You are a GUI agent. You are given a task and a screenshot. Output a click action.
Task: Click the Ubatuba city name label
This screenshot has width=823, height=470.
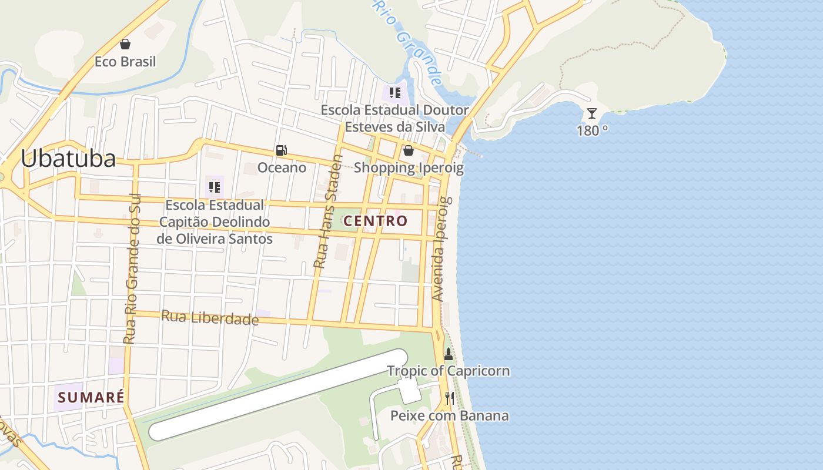(x=68, y=159)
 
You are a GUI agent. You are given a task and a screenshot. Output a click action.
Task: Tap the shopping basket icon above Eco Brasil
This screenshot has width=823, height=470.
(x=125, y=44)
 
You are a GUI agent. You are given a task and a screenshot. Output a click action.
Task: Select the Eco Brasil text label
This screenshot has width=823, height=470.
(x=125, y=62)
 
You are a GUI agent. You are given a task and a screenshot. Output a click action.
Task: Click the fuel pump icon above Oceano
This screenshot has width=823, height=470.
(x=282, y=150)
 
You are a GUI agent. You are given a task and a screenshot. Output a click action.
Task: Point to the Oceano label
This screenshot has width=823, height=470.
(x=282, y=167)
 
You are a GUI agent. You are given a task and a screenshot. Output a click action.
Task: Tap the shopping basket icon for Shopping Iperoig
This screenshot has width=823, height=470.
(x=409, y=150)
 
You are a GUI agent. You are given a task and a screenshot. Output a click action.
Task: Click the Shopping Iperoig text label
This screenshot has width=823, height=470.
(x=409, y=168)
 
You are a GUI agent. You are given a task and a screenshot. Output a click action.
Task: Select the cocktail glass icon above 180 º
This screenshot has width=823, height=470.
(x=592, y=113)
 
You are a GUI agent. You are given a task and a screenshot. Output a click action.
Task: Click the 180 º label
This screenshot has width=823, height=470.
(x=592, y=130)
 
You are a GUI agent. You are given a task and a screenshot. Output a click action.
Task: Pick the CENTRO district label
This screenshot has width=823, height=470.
(x=375, y=221)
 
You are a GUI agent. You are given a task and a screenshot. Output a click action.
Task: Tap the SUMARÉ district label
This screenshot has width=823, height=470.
(x=91, y=397)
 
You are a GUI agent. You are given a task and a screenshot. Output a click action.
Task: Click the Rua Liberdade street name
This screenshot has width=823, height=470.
(x=210, y=318)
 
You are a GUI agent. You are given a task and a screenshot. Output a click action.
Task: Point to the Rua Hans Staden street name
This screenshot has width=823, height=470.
(x=328, y=211)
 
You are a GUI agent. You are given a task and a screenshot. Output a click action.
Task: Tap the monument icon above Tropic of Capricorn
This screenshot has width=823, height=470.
(x=449, y=354)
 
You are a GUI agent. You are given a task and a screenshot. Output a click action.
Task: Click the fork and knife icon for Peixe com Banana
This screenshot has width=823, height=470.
(x=450, y=398)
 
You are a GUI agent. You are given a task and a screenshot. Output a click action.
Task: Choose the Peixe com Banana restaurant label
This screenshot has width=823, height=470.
(x=450, y=416)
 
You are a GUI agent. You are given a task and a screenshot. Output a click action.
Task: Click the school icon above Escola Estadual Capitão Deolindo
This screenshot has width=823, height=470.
(x=215, y=187)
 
